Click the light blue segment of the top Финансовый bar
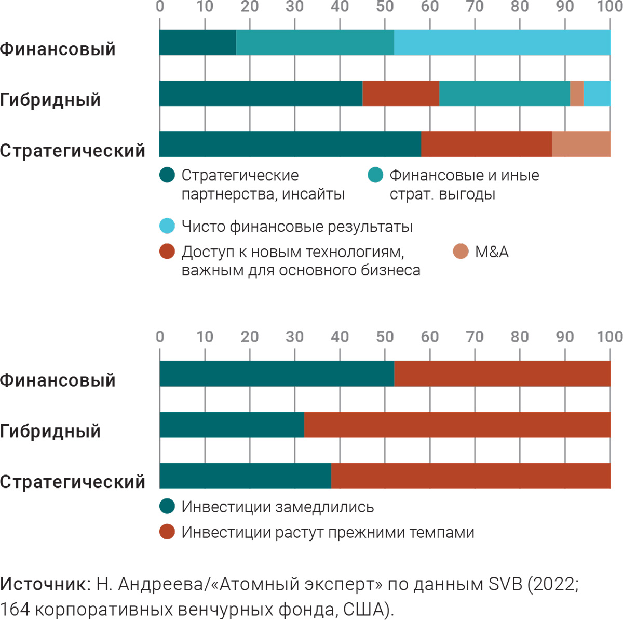(x=502, y=43)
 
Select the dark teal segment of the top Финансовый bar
(x=198, y=43)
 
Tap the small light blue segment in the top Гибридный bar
(x=597, y=94)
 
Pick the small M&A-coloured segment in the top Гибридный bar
(x=577, y=94)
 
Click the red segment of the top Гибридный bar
(x=400, y=94)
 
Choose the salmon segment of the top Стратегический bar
(x=581, y=144)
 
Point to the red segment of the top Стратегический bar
(x=486, y=144)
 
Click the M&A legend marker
(x=461, y=252)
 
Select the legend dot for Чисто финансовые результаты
(x=167, y=226)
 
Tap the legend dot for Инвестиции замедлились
(x=167, y=506)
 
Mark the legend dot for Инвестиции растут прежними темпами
(x=167, y=532)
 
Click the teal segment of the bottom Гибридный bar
(x=232, y=425)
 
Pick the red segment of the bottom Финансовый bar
(x=502, y=374)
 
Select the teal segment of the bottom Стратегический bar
(x=245, y=476)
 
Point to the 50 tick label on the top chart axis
(x=385, y=7)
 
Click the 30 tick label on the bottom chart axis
(x=294, y=337)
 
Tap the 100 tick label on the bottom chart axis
(x=610, y=337)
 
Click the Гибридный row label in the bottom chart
(x=50, y=431)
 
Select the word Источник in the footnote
(x=44, y=584)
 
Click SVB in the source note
(x=505, y=584)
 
